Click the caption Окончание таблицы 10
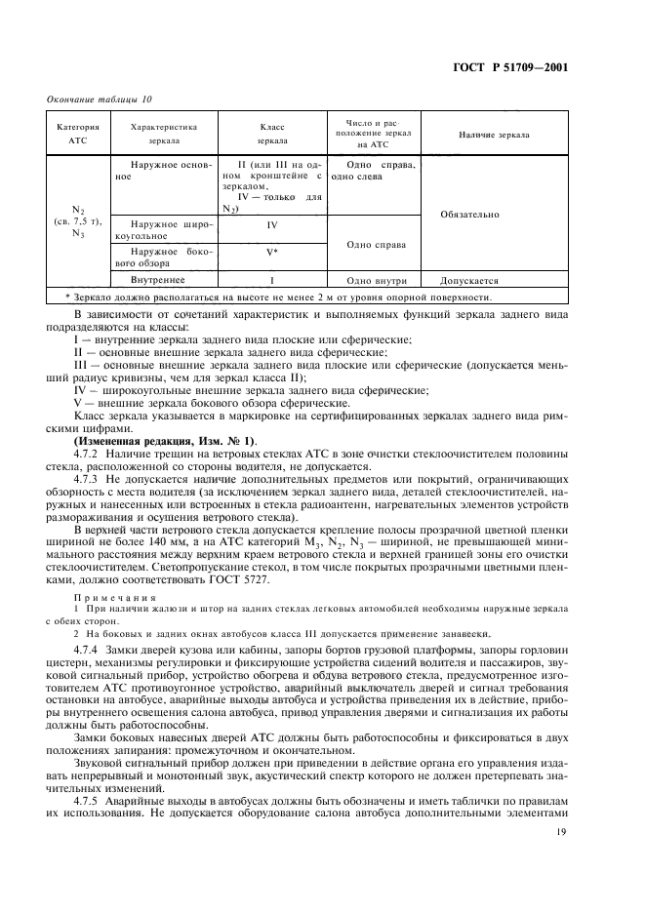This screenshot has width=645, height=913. [x=99, y=99]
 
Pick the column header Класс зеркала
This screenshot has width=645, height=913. [x=271, y=134]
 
